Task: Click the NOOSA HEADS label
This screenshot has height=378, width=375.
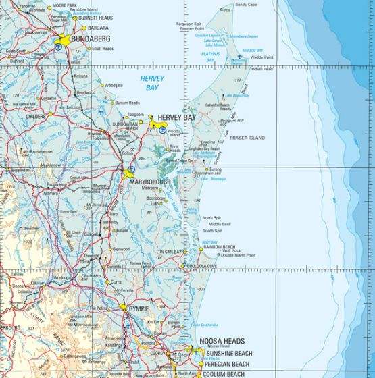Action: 222,342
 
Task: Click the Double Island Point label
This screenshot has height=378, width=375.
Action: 236,256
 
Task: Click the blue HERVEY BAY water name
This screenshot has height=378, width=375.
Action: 149,82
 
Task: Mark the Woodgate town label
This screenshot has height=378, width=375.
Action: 114,85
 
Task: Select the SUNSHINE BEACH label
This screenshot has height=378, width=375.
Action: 227,352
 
